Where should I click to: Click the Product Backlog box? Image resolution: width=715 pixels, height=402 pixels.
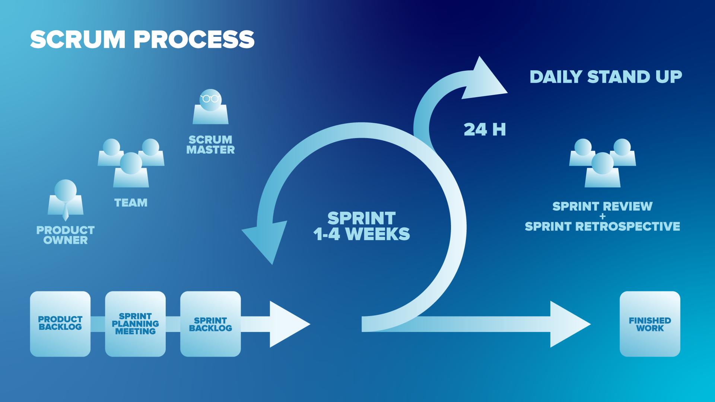point(60,323)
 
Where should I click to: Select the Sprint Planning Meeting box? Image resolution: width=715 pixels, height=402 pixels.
point(135,323)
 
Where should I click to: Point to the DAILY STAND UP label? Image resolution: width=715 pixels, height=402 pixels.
point(606,77)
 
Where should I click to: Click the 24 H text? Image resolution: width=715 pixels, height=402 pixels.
point(484,130)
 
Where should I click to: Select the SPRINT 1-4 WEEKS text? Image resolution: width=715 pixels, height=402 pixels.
point(361,226)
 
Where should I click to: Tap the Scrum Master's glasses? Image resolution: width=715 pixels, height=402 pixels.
point(210,99)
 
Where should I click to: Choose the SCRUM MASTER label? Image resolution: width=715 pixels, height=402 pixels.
point(210,145)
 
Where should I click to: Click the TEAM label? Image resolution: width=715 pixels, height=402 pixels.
point(131,203)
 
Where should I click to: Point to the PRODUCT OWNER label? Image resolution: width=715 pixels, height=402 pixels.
point(66,235)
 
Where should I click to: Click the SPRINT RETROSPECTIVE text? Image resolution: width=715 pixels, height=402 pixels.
point(602,226)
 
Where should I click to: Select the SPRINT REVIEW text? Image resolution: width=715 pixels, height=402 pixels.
point(602,206)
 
